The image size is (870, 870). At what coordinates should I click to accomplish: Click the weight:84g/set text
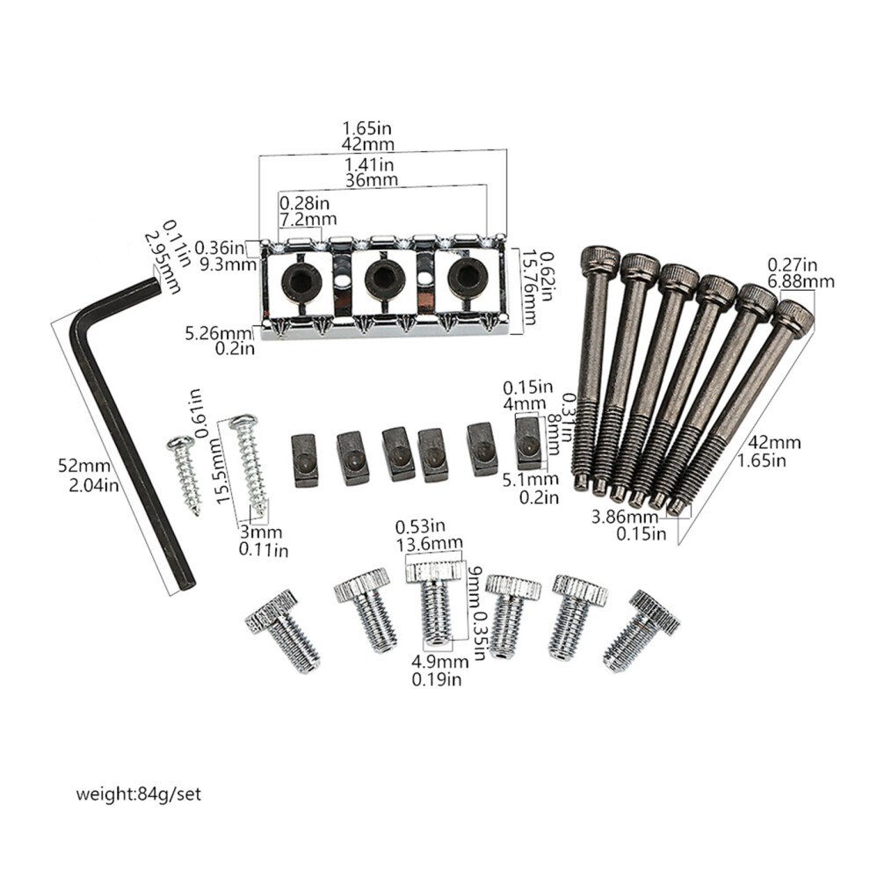138,794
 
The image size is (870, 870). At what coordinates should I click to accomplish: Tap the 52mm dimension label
83,466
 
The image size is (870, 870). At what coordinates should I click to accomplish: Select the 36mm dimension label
371,180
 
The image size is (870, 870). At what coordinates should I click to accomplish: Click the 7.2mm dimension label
308,219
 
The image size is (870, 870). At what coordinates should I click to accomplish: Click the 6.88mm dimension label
801,282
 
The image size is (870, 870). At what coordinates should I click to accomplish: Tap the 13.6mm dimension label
429,543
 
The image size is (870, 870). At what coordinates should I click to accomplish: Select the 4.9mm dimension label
440,662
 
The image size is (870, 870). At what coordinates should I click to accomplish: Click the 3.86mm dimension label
625,517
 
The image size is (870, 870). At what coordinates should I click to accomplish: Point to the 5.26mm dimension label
218,333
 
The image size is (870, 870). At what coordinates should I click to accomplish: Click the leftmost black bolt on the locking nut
300,277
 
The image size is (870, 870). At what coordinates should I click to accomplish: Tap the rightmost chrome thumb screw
642,631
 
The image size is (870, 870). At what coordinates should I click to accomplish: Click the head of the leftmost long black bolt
599,260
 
